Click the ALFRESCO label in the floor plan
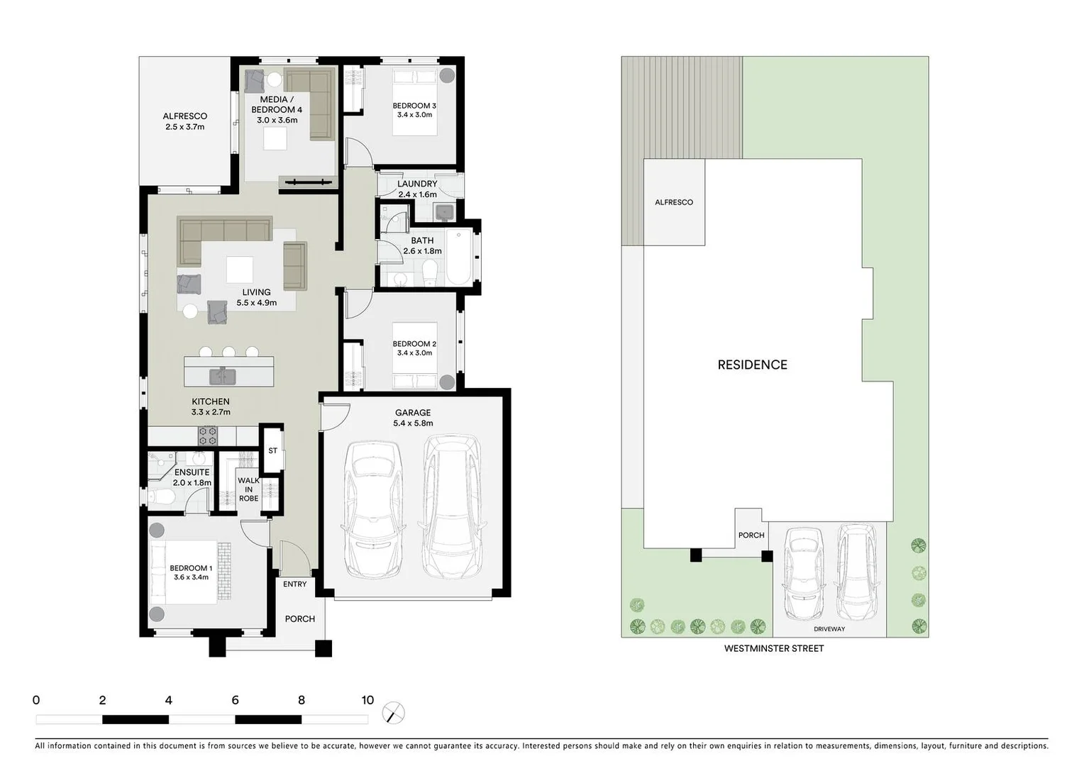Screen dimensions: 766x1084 184,116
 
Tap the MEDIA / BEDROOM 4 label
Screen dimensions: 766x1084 277,104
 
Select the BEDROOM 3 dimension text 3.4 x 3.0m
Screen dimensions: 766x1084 414,115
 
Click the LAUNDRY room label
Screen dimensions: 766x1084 417,184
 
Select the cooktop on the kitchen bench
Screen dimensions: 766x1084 207,435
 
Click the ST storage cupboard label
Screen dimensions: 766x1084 272,451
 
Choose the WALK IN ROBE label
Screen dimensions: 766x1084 248,489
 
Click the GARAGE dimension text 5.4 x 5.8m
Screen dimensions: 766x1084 413,423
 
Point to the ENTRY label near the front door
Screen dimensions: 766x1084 295,584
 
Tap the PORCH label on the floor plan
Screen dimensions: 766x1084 300,619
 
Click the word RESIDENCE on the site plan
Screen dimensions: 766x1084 752,365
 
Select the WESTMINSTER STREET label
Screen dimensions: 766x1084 773,648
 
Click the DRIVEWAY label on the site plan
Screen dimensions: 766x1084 829,629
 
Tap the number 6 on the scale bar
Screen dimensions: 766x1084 235,701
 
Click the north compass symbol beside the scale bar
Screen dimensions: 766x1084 393,713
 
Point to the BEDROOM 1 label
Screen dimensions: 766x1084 190,568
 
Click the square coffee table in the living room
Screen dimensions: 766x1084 239,270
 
